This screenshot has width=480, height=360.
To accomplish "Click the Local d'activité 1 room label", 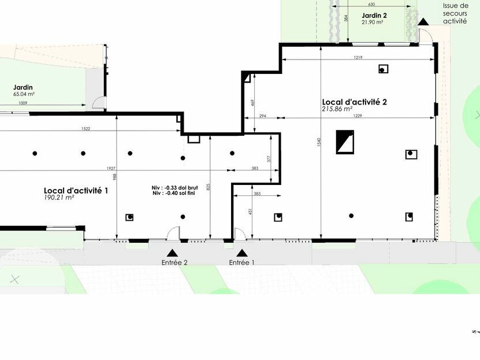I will pos(76,190).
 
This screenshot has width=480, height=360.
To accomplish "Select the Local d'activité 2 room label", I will pos(354,102).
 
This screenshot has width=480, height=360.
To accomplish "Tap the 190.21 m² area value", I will pos(58,198).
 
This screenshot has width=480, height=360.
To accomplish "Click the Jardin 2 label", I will pos(374,15).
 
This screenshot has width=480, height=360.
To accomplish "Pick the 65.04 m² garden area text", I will pos(25,93).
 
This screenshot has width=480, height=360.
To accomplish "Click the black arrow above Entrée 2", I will pos(172,253).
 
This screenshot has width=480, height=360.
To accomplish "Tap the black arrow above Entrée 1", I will pos(241,253).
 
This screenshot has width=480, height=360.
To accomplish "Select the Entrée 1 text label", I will pos(241,262).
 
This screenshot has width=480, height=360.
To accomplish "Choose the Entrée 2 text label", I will pos(174,262).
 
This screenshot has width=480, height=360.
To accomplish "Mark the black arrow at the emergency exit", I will pos(423,22).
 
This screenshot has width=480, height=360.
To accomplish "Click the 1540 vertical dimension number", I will pos(318,142).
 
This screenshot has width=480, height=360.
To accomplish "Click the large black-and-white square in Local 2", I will pos(345,142).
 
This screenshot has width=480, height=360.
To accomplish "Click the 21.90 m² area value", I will pos(373,22).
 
